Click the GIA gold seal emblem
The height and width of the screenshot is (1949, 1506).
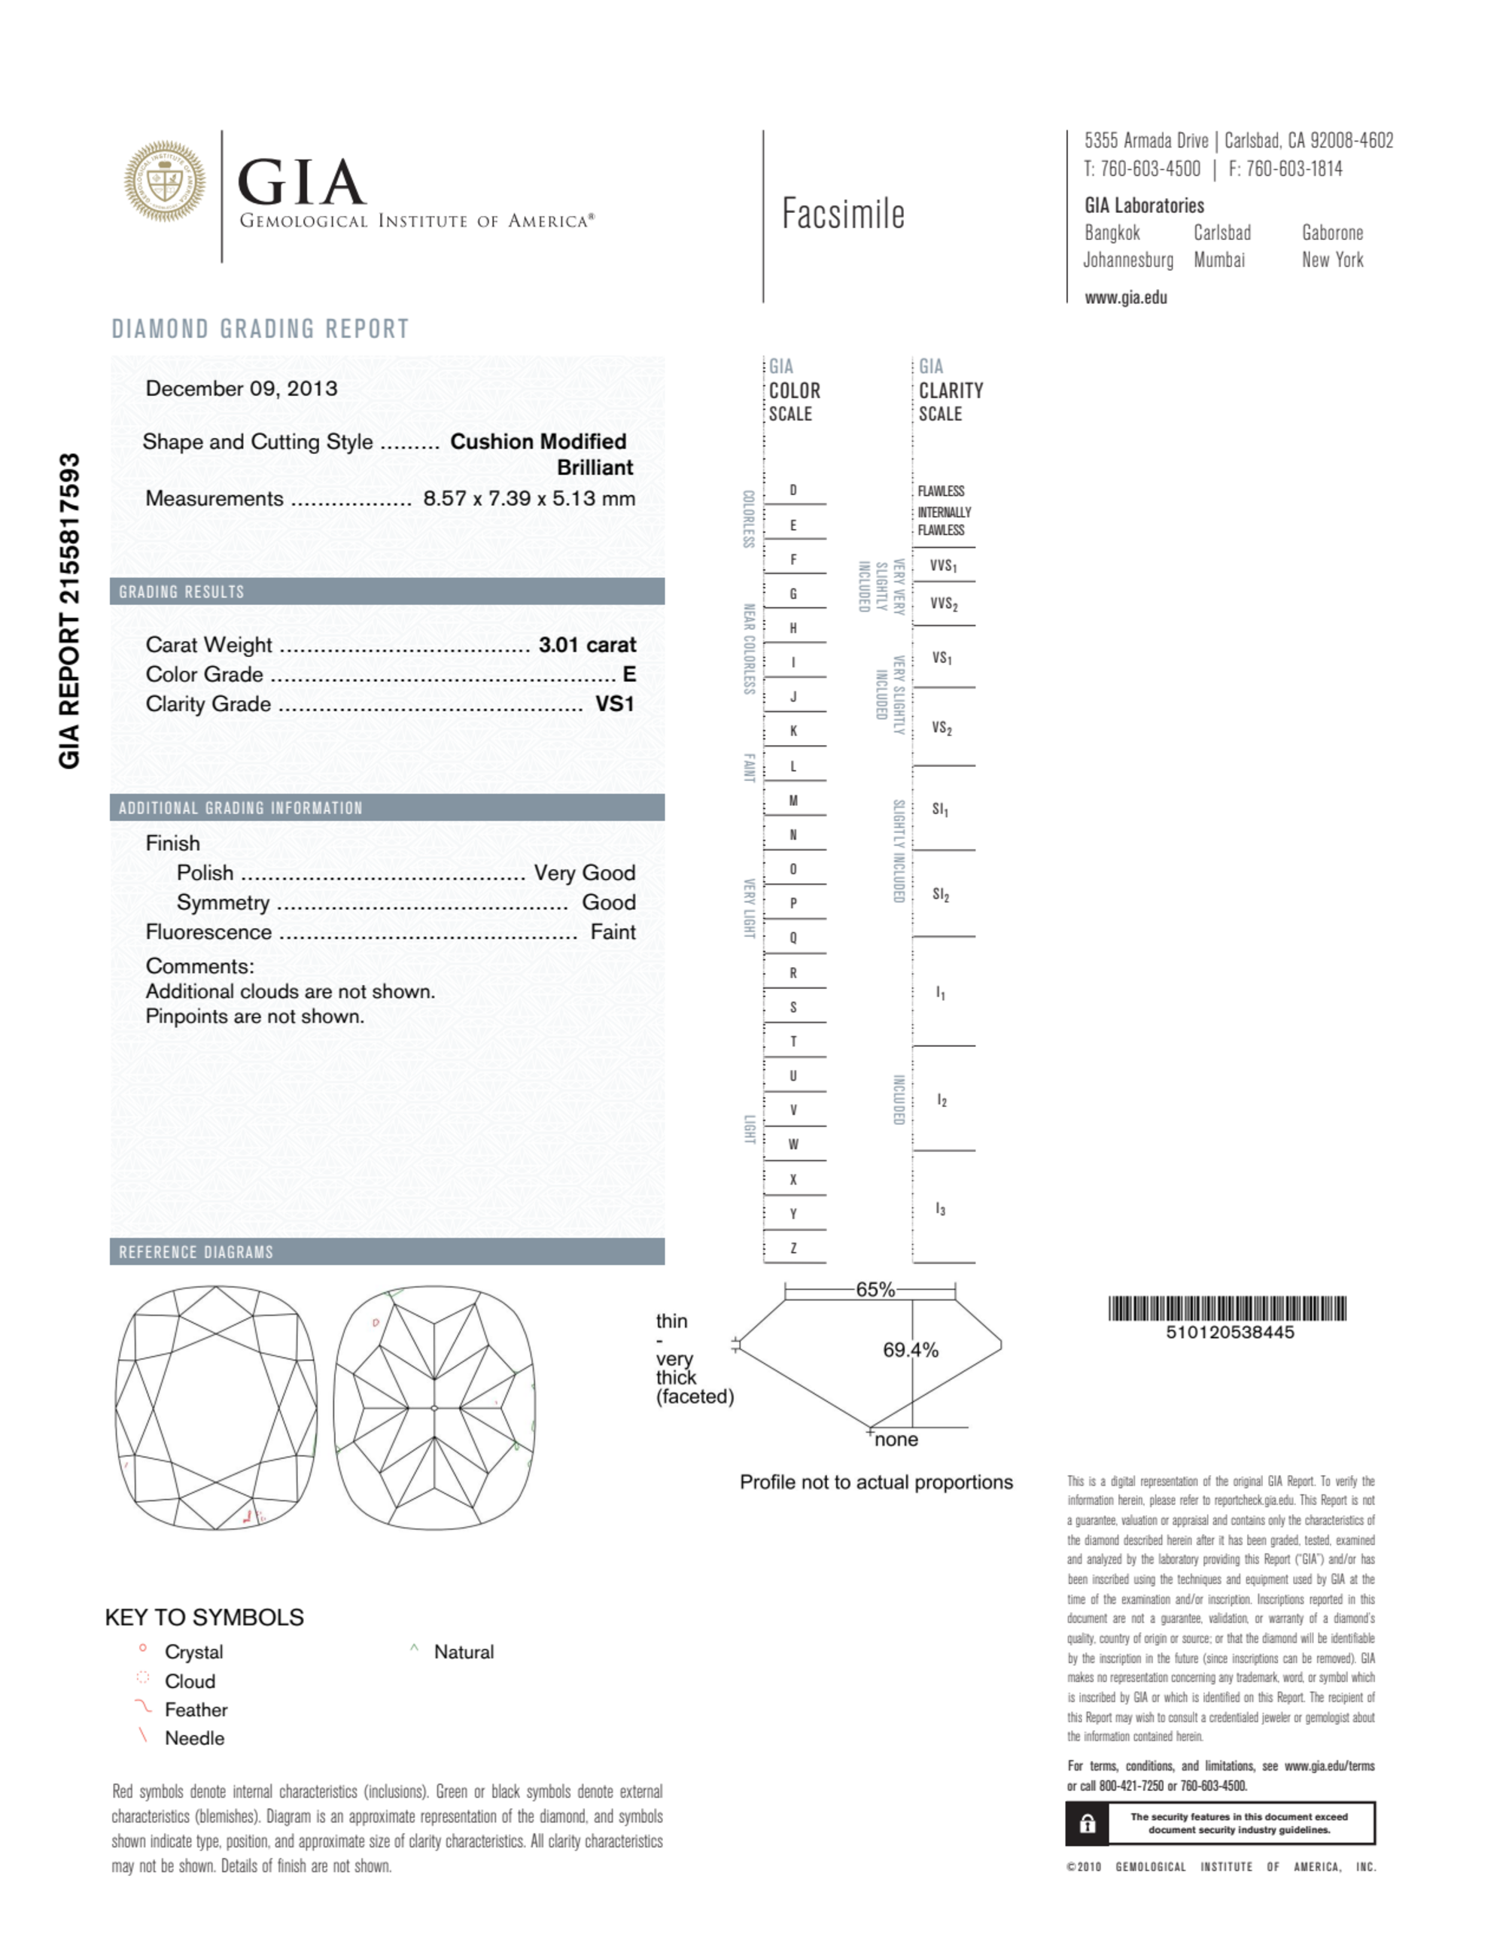[164, 181]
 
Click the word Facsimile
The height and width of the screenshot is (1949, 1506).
[843, 214]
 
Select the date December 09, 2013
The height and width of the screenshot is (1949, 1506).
[241, 388]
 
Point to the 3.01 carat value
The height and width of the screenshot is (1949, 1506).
[586, 644]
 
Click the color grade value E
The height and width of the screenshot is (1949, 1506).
[628, 675]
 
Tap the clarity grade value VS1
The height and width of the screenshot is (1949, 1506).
[614, 704]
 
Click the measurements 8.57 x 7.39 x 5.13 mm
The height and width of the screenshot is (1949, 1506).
[528, 498]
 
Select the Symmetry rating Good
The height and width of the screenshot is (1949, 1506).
[608, 902]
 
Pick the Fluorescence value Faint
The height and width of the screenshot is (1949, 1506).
[613, 932]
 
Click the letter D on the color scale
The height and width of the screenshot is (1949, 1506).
[793, 490]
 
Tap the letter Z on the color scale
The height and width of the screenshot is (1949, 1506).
[793, 1248]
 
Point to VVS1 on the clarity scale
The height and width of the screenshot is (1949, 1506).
[943, 566]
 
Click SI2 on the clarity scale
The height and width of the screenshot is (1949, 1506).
[940, 894]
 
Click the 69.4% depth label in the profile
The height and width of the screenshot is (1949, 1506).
[910, 1350]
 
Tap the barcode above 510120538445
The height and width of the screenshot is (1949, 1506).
[1227, 1309]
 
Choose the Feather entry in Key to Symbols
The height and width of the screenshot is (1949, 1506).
[196, 1710]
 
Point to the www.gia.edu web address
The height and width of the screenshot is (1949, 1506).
[1125, 298]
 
